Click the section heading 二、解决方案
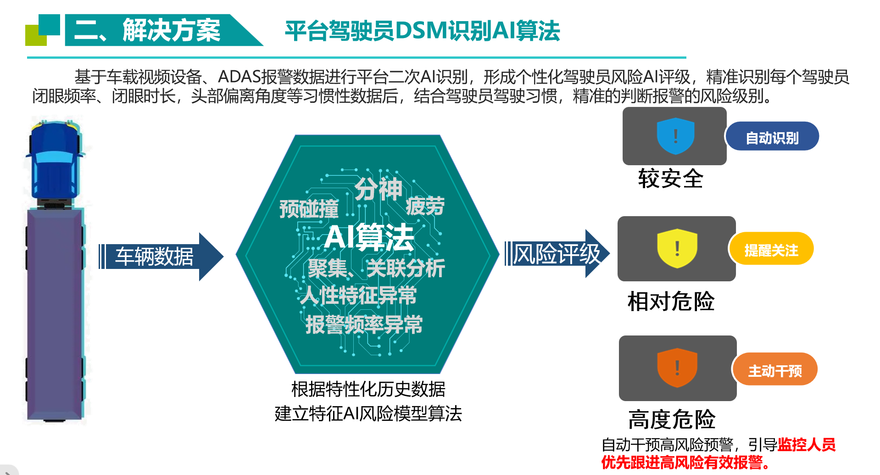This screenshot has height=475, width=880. tap(147, 30)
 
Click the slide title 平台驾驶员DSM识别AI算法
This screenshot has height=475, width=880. tap(422, 31)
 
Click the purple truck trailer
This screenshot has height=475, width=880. tap(55, 315)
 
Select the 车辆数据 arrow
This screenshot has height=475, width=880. tap(161, 256)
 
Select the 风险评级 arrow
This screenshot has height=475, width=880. tap(557, 253)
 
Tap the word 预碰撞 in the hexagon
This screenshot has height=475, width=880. tap(309, 209)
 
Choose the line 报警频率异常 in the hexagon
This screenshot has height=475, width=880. tap(364, 324)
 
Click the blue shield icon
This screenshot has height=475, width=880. tap(675, 136)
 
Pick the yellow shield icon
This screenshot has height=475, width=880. tap(677, 249)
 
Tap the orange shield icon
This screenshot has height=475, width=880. tap(677, 367)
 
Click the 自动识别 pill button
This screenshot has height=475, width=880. tap(772, 136)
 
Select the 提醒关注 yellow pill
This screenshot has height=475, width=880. tap(771, 249)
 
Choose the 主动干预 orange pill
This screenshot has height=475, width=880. tap(775, 369)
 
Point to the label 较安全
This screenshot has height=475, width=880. tap(670, 179)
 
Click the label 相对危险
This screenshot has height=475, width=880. tap(671, 302)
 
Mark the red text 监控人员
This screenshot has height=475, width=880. tap(807, 445)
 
